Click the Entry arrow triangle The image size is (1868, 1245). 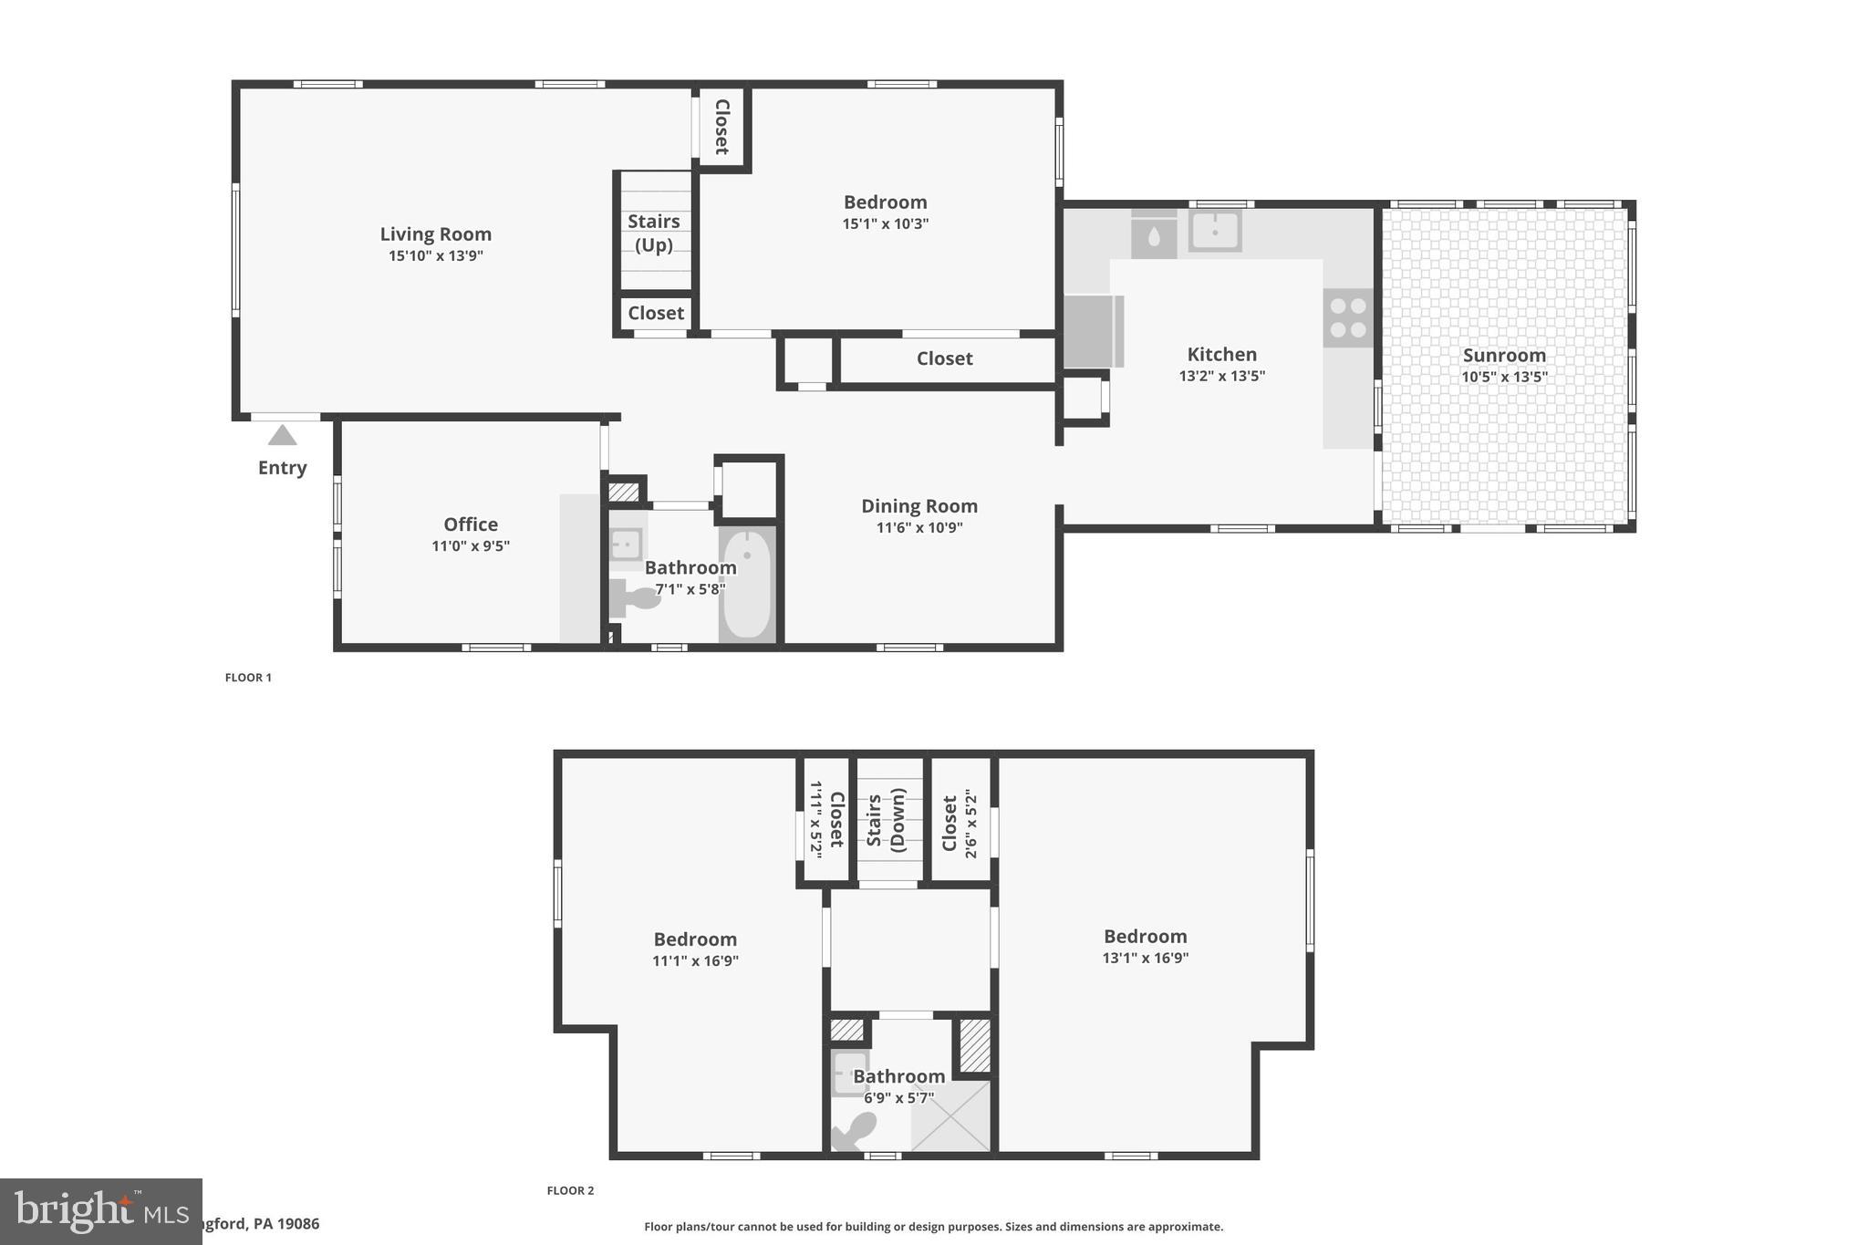[x=282, y=435]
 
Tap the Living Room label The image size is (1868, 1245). [x=435, y=234]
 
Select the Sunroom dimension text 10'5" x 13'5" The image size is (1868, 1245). [x=1504, y=377]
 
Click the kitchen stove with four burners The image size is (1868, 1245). [x=1347, y=317]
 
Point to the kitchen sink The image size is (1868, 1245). [x=1214, y=231]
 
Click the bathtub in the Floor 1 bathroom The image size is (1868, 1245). [x=746, y=584]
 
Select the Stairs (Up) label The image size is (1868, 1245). [x=653, y=233]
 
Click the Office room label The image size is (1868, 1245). [x=471, y=524]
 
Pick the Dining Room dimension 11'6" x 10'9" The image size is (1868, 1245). [x=919, y=527]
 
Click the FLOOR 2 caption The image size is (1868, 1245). [x=570, y=1190]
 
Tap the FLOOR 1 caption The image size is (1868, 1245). [x=248, y=678]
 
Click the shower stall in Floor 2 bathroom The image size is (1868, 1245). [x=950, y=1116]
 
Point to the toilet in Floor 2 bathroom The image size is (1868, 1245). [x=854, y=1131]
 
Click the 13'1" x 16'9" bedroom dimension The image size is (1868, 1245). [x=1145, y=958]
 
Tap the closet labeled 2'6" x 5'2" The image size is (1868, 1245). [x=959, y=823]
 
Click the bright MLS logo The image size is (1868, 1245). [x=100, y=1211]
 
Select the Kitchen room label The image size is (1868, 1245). [x=1221, y=355]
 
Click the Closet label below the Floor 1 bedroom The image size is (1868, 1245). [x=944, y=358]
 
